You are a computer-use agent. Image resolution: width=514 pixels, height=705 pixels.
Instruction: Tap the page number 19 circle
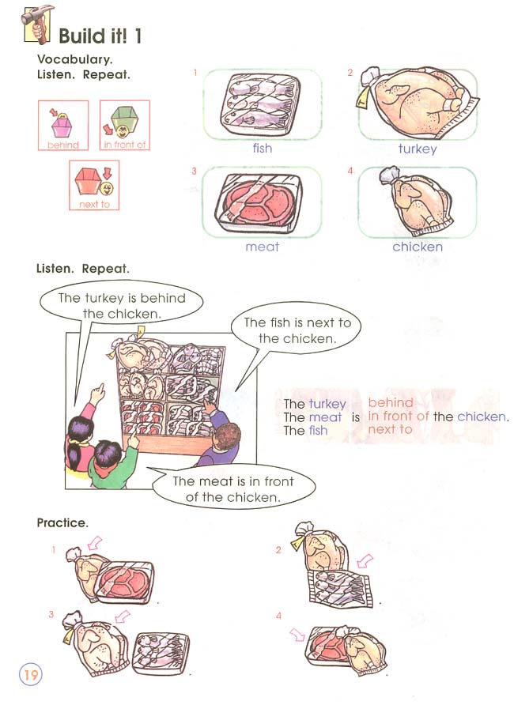[31, 675]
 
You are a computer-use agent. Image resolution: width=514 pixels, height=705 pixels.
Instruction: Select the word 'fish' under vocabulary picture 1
[262, 148]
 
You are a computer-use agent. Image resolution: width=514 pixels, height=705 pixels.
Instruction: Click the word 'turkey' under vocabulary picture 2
[417, 148]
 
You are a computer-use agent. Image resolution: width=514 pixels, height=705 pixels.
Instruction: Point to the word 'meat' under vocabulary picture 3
[262, 247]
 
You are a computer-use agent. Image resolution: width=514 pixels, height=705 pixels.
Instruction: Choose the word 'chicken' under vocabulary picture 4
[417, 247]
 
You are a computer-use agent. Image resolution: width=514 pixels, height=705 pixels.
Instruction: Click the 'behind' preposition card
[63, 125]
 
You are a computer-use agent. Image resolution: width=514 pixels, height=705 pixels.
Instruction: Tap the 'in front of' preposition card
[125, 125]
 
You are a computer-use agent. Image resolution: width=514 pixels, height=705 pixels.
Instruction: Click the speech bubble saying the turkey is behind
[122, 305]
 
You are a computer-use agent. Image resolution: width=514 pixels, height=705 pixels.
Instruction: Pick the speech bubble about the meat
[232, 489]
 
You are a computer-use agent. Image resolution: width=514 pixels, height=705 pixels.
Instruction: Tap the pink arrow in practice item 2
[365, 561]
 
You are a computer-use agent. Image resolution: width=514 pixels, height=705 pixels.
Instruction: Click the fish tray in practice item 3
[161, 653]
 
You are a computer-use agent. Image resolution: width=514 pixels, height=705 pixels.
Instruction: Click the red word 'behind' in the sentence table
[391, 403]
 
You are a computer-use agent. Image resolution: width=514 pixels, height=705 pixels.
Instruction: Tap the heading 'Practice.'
[62, 523]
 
